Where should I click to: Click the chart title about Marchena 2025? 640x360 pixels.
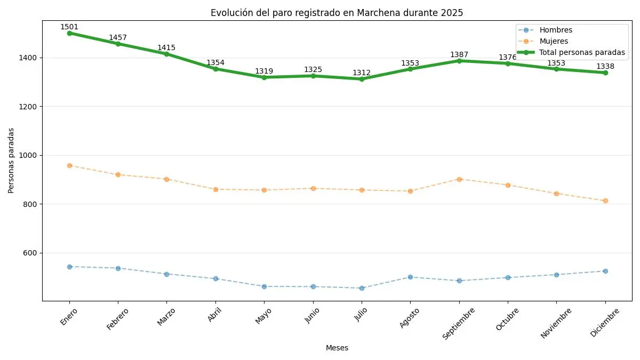click(337, 13)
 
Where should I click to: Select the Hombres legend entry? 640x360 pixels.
click(555, 30)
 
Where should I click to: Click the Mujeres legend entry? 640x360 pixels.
click(554, 41)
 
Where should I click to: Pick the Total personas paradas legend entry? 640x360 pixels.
click(582, 52)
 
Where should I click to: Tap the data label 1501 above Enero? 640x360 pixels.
click(69, 27)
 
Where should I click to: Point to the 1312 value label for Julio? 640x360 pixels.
click(362, 73)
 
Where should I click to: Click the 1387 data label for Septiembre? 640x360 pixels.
click(459, 54)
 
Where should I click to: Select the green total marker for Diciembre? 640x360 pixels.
click(605, 73)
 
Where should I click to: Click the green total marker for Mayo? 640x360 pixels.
click(264, 77)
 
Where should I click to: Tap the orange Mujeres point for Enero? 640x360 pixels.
click(69, 165)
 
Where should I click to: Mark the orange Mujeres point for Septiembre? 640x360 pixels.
click(459, 179)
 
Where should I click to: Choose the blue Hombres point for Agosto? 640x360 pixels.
click(410, 277)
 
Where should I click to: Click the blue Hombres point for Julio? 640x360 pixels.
click(362, 288)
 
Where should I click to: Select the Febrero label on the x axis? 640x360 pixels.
click(118, 318)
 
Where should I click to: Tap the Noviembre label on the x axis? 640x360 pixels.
click(556, 322)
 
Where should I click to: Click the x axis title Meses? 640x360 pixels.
click(337, 348)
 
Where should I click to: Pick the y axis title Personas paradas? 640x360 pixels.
click(11, 160)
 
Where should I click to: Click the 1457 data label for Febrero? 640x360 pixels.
click(118, 37)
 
